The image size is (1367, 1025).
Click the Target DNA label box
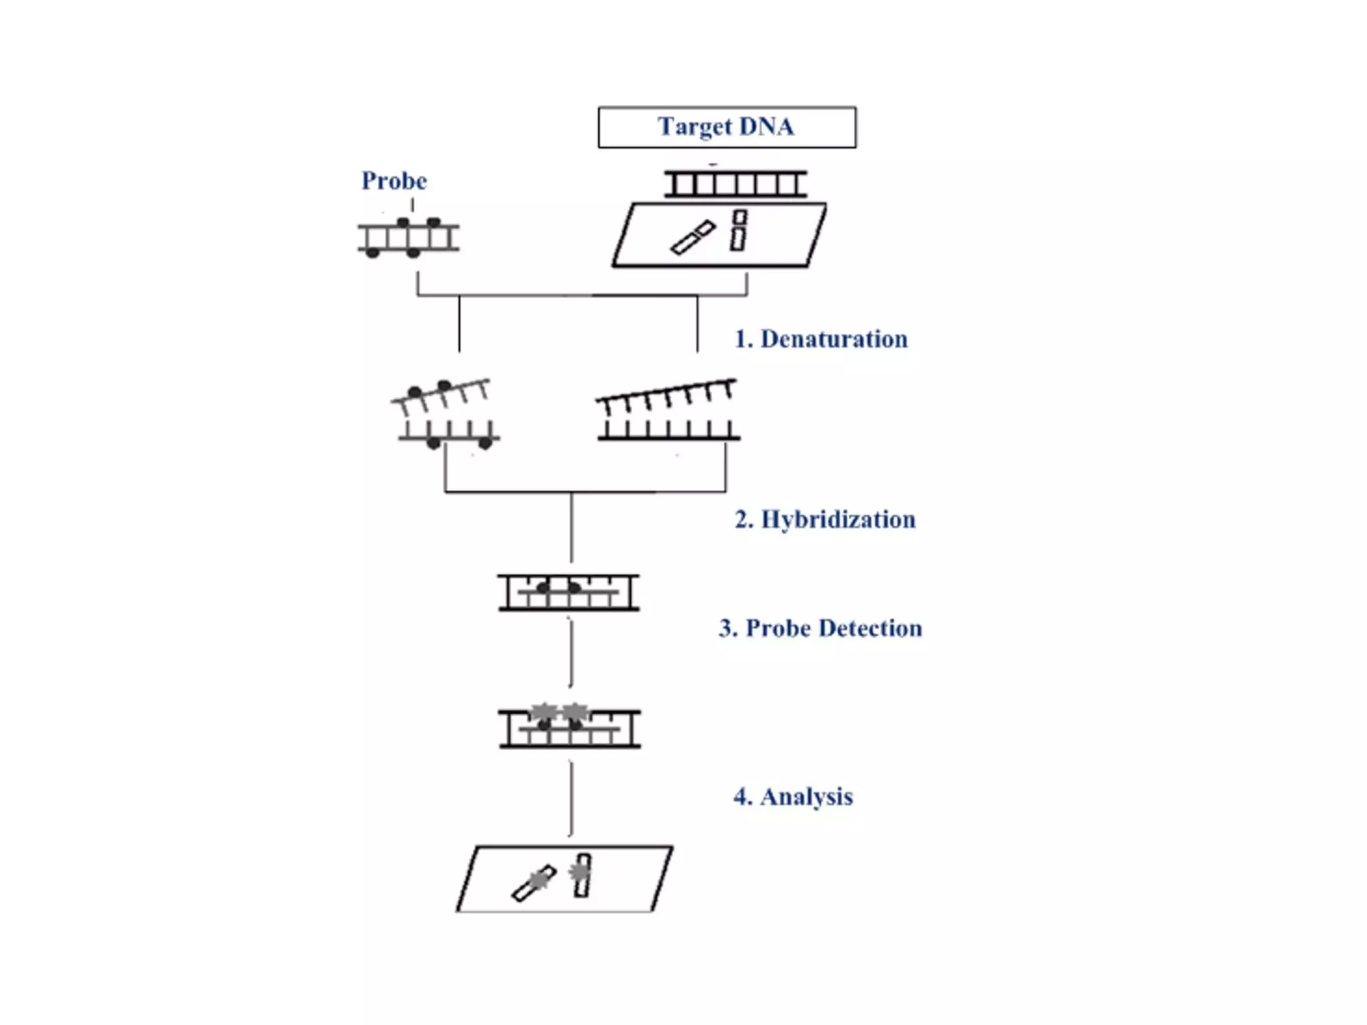(727, 127)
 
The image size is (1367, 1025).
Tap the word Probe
(394, 181)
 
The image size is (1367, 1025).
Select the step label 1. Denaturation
(821, 339)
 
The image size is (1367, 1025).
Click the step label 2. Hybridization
(825, 519)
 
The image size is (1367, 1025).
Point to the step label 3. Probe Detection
(820, 628)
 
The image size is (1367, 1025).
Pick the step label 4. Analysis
(793, 796)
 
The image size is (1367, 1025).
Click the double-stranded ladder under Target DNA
(736, 184)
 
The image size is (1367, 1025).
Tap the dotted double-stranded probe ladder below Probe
(408, 238)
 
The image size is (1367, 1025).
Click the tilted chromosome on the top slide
(693, 238)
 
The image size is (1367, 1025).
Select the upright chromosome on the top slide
(738, 231)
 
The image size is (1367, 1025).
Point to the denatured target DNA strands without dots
(668, 411)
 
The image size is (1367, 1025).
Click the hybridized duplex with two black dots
(569, 593)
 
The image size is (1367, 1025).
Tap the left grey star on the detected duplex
(543, 713)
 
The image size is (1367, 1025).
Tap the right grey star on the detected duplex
(575, 713)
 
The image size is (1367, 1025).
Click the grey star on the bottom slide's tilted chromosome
(538, 881)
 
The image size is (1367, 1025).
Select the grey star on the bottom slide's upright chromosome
(579, 872)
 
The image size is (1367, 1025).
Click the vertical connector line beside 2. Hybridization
(571, 527)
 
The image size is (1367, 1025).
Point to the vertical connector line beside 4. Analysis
(571, 798)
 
